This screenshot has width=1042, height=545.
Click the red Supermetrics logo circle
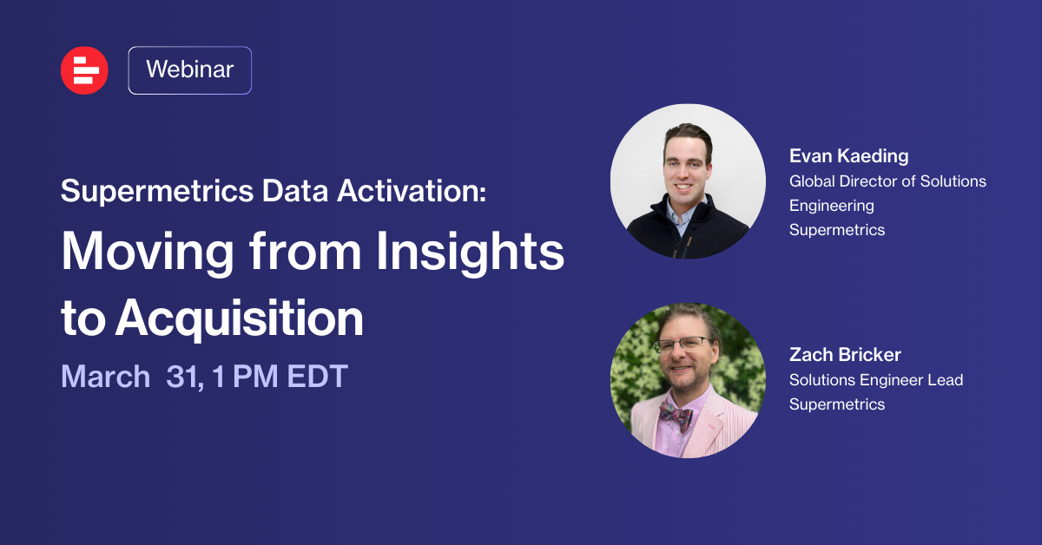click(84, 70)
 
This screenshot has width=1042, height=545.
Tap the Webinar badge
click(190, 70)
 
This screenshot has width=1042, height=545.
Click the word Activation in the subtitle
click(412, 191)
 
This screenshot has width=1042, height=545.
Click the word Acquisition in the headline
click(239, 318)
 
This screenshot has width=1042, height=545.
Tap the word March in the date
click(106, 376)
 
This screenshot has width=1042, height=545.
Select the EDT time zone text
click(318, 376)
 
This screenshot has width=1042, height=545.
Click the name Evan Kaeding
click(849, 156)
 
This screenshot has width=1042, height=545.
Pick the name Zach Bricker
click(845, 355)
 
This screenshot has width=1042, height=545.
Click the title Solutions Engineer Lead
click(876, 380)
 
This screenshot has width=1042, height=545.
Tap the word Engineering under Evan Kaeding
click(832, 206)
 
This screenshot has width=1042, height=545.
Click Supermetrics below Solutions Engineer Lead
click(837, 404)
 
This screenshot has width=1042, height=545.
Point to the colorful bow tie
click(676, 415)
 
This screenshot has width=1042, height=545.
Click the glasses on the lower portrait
click(682, 345)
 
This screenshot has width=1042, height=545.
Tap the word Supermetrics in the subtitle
click(157, 192)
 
